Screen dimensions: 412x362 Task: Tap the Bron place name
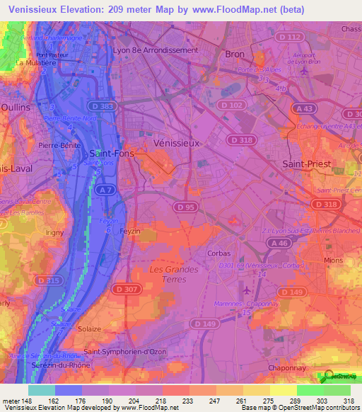click(x=234, y=54)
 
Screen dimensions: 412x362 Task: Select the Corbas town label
click(x=219, y=253)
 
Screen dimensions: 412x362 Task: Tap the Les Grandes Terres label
click(x=173, y=274)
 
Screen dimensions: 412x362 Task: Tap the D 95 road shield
click(x=185, y=206)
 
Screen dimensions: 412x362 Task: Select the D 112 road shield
click(x=289, y=37)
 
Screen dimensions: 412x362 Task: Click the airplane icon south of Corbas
click(x=246, y=290)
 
